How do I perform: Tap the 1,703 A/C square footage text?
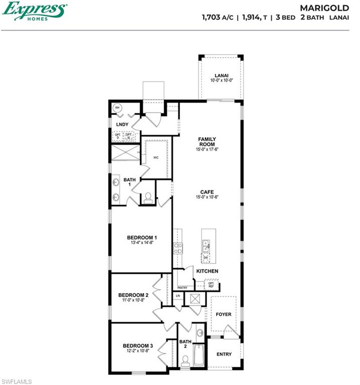pos(218,17)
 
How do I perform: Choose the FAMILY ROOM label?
pos(207,141)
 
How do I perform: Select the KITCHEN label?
pos(207,271)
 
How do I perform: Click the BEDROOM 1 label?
pos(142,237)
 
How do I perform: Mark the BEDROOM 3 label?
pos(138,345)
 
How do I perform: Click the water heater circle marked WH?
pos(117,108)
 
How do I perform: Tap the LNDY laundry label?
pos(122,124)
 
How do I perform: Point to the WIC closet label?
pos(156,157)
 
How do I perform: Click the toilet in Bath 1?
pos(148,198)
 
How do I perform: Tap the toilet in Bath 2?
pos(185,361)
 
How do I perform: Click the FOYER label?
pos(224,314)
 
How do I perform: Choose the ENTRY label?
pos(224,354)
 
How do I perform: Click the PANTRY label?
pos(183,288)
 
